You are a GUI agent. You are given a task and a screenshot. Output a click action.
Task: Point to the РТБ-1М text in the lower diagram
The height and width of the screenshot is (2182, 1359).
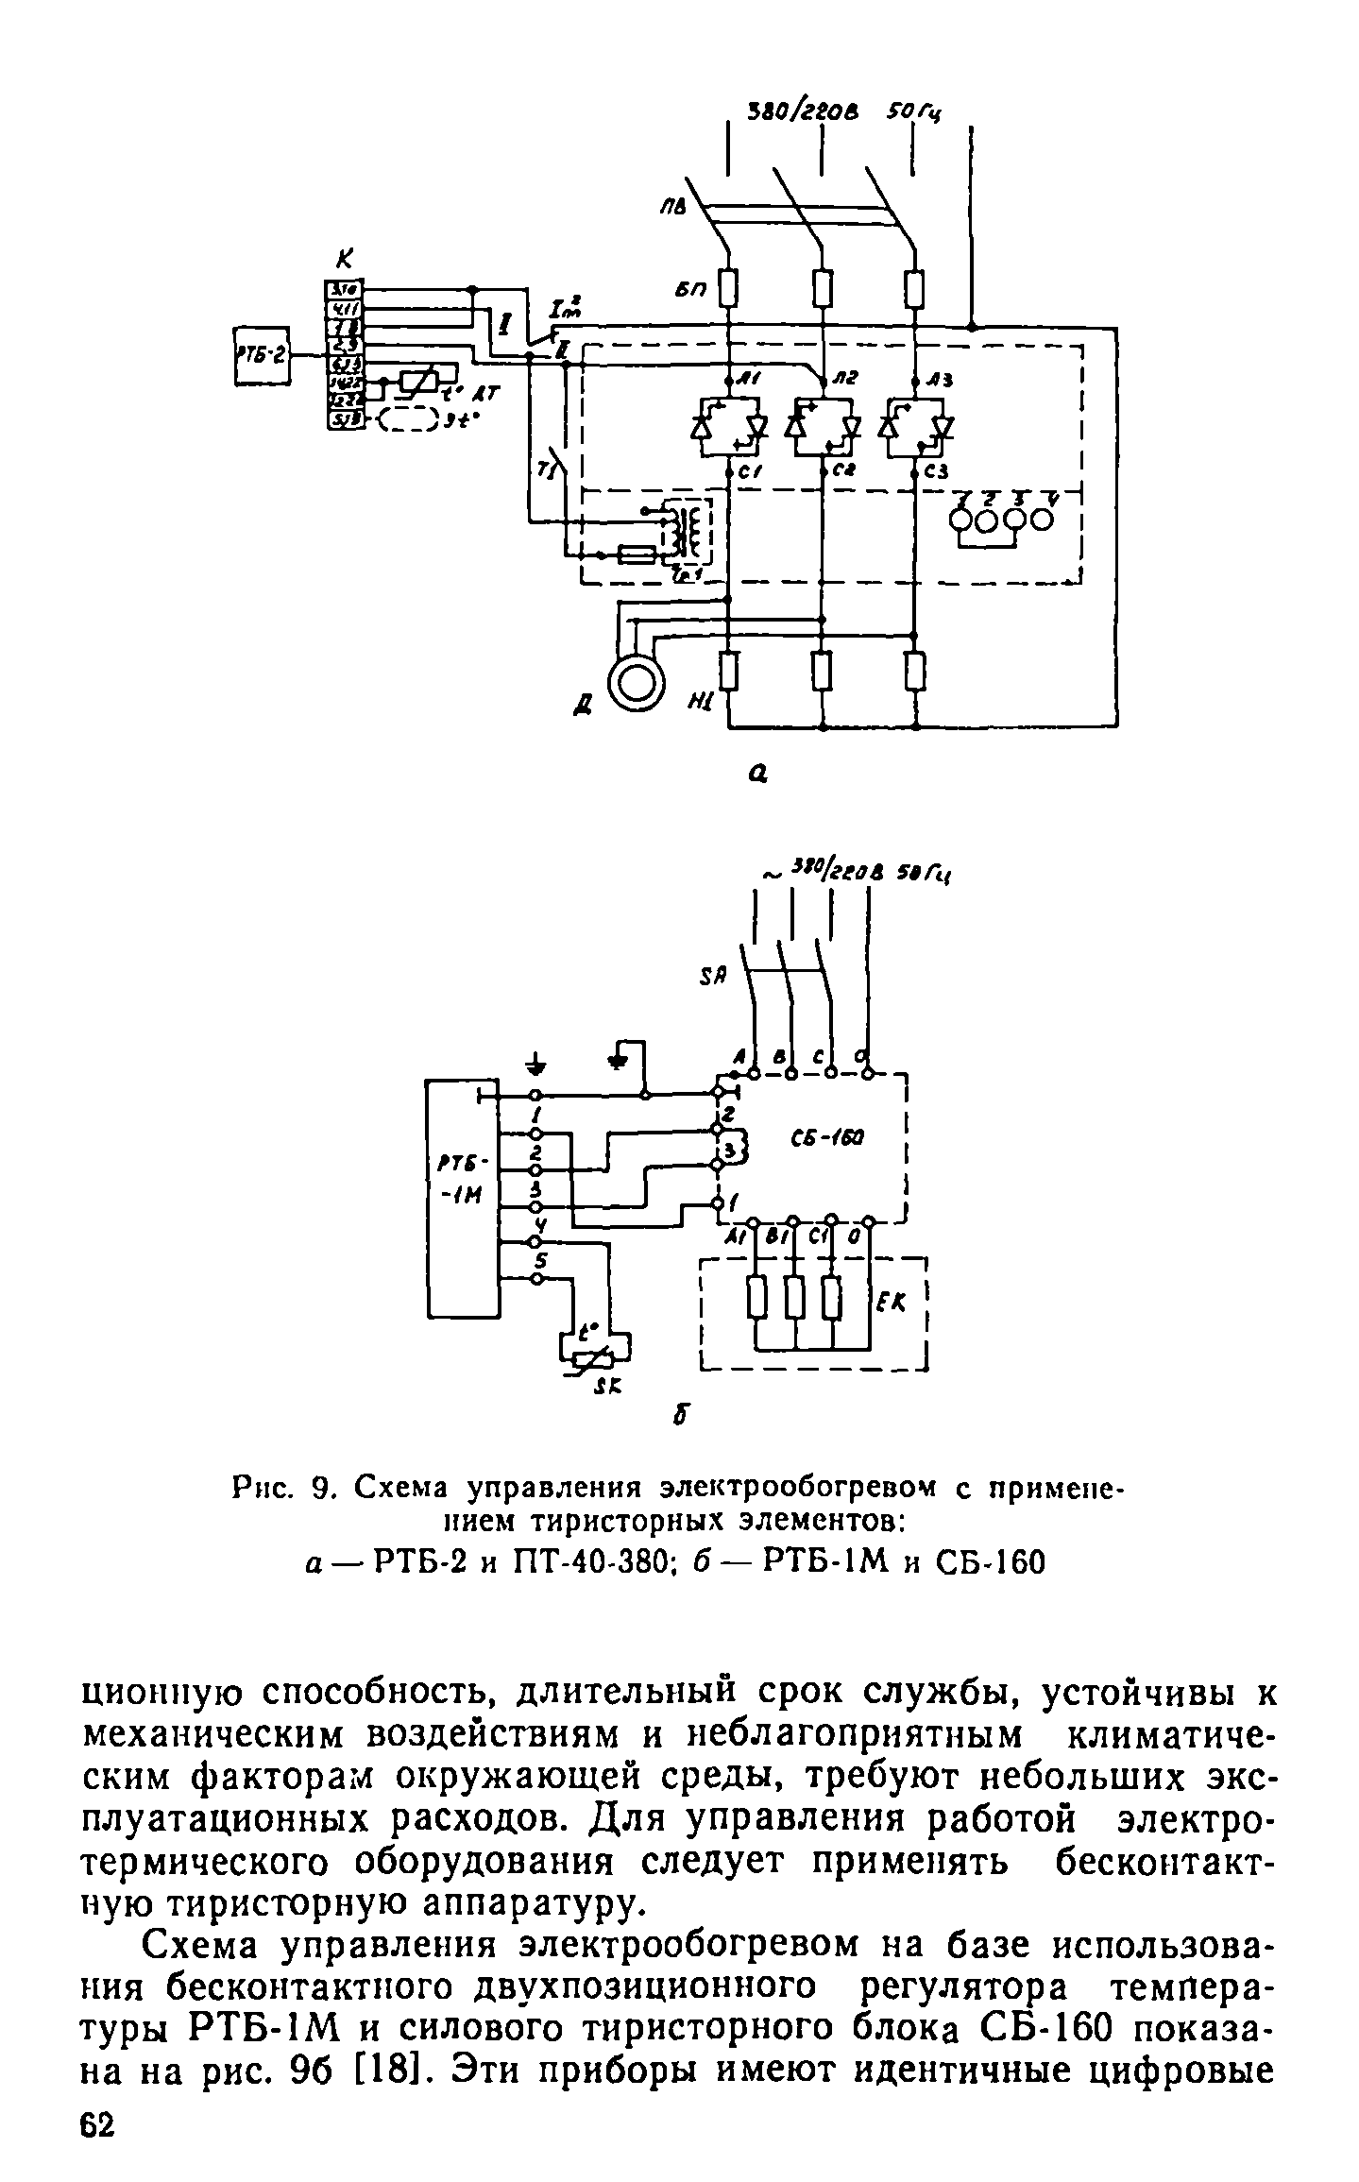tap(463, 1181)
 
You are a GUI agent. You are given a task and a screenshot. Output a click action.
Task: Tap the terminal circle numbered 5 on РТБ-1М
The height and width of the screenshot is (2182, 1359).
tap(536, 1279)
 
